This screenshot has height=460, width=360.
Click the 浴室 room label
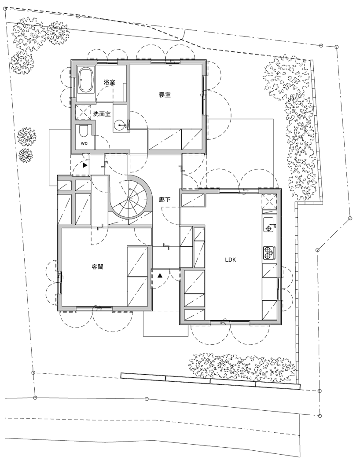coord(110,82)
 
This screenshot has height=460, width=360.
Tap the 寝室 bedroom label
coord(165,95)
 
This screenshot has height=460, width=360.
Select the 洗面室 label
coord(102,113)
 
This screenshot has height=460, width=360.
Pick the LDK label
coord(231,260)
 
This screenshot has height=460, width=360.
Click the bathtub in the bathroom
coord(87,80)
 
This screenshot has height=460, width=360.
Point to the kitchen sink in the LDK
coord(269,225)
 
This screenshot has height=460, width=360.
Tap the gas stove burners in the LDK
coord(268,252)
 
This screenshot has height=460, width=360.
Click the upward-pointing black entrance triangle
coord(160,276)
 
